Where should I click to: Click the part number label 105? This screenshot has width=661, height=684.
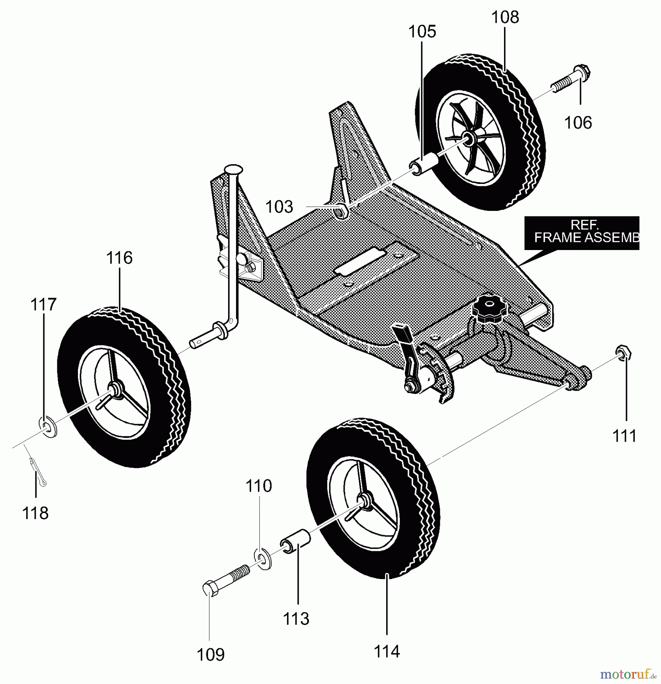(422, 32)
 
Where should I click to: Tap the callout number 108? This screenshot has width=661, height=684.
(505, 17)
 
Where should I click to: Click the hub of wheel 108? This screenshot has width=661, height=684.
(468, 140)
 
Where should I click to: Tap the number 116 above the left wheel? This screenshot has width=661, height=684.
(119, 258)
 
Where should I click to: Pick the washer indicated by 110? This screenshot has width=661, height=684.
(262, 559)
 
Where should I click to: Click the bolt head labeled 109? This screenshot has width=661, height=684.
(210, 589)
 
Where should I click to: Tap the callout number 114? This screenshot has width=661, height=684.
(387, 652)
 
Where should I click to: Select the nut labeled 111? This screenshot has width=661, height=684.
(623, 353)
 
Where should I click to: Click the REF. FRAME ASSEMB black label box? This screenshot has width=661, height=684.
(581, 233)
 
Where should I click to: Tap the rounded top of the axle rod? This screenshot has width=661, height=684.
(233, 168)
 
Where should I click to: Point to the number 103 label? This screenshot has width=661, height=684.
(279, 207)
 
